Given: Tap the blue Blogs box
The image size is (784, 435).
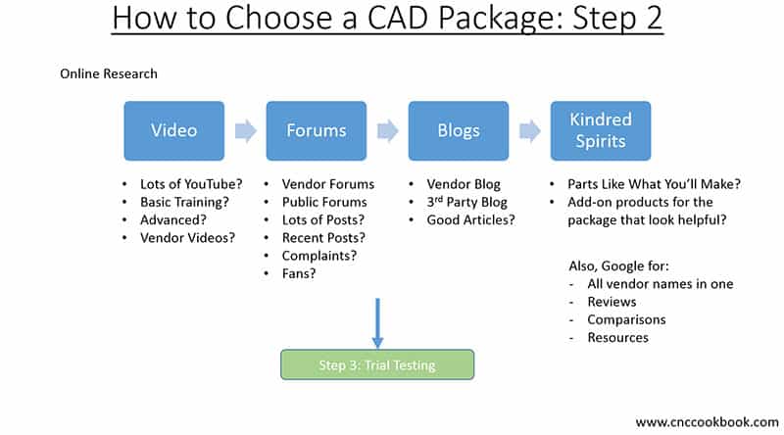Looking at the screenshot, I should [457, 130].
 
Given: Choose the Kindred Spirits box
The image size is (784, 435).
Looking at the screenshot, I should [600, 130].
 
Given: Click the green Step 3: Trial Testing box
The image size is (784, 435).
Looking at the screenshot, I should [377, 365].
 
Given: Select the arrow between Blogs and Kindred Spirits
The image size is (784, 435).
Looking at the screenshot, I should [529, 130].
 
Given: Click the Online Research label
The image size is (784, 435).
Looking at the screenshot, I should [109, 73].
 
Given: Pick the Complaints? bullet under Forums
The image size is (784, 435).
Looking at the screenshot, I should [318, 255].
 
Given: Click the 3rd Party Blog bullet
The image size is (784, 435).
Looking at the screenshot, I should [469, 202].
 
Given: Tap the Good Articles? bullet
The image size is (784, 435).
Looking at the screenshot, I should [470, 219].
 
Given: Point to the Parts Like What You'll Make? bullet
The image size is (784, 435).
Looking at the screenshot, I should [653, 183].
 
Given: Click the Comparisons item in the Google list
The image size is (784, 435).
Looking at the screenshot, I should [626, 319].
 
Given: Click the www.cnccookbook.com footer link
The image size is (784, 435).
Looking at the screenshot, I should [706, 421].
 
